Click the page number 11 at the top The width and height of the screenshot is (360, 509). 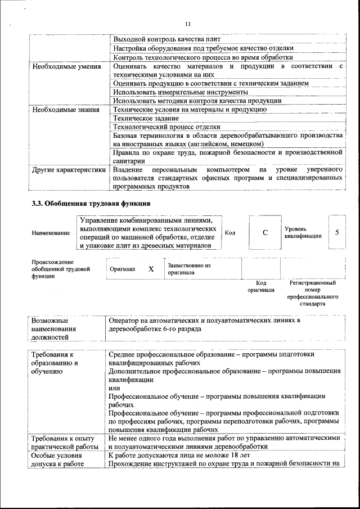(188, 24)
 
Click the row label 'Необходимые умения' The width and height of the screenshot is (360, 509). (65, 67)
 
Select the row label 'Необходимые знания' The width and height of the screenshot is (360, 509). (64, 110)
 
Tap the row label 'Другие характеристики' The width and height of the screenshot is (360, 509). (69, 169)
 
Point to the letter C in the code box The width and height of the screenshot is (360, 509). (264, 232)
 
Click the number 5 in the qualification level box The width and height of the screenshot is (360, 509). (337, 232)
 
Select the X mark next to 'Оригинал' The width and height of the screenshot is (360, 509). (151, 269)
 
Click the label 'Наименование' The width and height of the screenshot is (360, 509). (51, 232)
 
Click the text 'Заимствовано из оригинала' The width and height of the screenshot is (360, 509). (189, 268)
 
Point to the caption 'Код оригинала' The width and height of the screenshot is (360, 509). (261, 286)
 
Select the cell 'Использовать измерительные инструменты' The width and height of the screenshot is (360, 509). (180, 92)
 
